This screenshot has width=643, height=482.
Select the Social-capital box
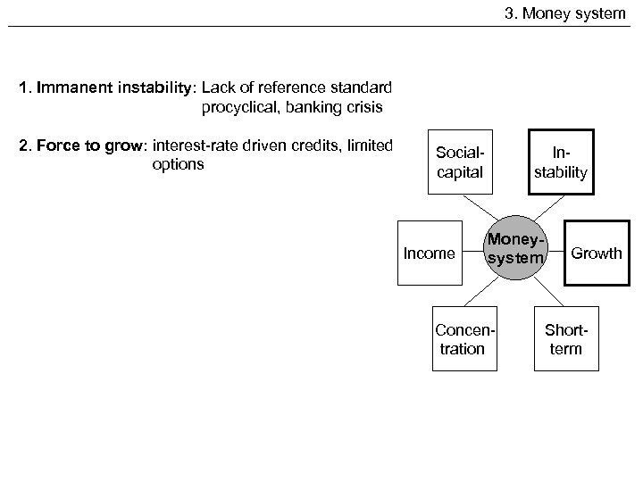(460, 162)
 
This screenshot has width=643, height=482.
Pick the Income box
(429, 253)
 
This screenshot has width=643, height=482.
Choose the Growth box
(596, 253)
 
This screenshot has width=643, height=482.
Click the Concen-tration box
(460, 339)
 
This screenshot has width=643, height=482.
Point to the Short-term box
(565, 339)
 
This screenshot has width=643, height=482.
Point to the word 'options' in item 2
(179, 165)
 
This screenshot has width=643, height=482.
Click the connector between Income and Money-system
(472, 253)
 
